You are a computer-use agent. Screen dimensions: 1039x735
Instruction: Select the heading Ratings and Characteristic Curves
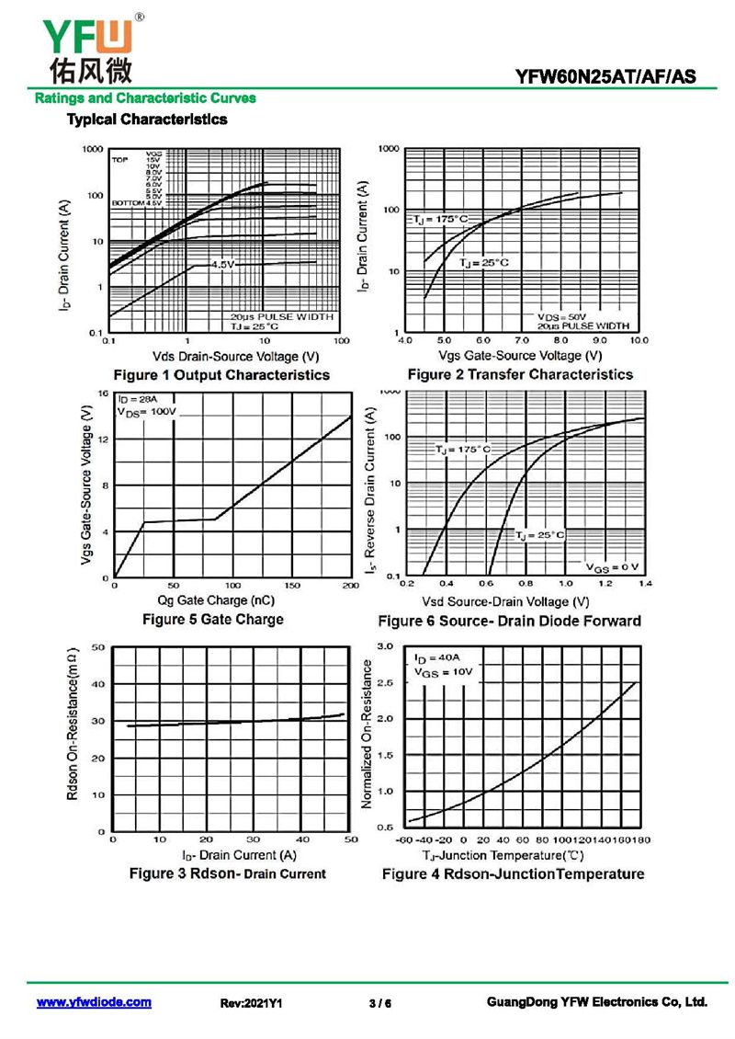(144, 97)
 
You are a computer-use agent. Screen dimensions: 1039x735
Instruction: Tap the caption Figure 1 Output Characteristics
(220, 375)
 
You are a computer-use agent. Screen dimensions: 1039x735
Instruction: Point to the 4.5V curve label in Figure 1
(224, 265)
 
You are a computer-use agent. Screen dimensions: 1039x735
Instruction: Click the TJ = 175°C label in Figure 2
(440, 219)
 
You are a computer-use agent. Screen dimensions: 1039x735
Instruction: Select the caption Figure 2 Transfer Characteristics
(520, 374)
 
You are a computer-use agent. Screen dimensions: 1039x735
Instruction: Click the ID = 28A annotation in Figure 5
(136, 400)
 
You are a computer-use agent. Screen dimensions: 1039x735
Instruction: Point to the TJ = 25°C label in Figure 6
(539, 534)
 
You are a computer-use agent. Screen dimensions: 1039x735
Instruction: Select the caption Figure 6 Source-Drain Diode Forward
(510, 622)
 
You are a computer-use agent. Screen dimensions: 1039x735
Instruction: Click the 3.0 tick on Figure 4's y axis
(386, 647)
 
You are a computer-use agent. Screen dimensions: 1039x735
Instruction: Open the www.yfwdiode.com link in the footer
(94, 1002)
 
